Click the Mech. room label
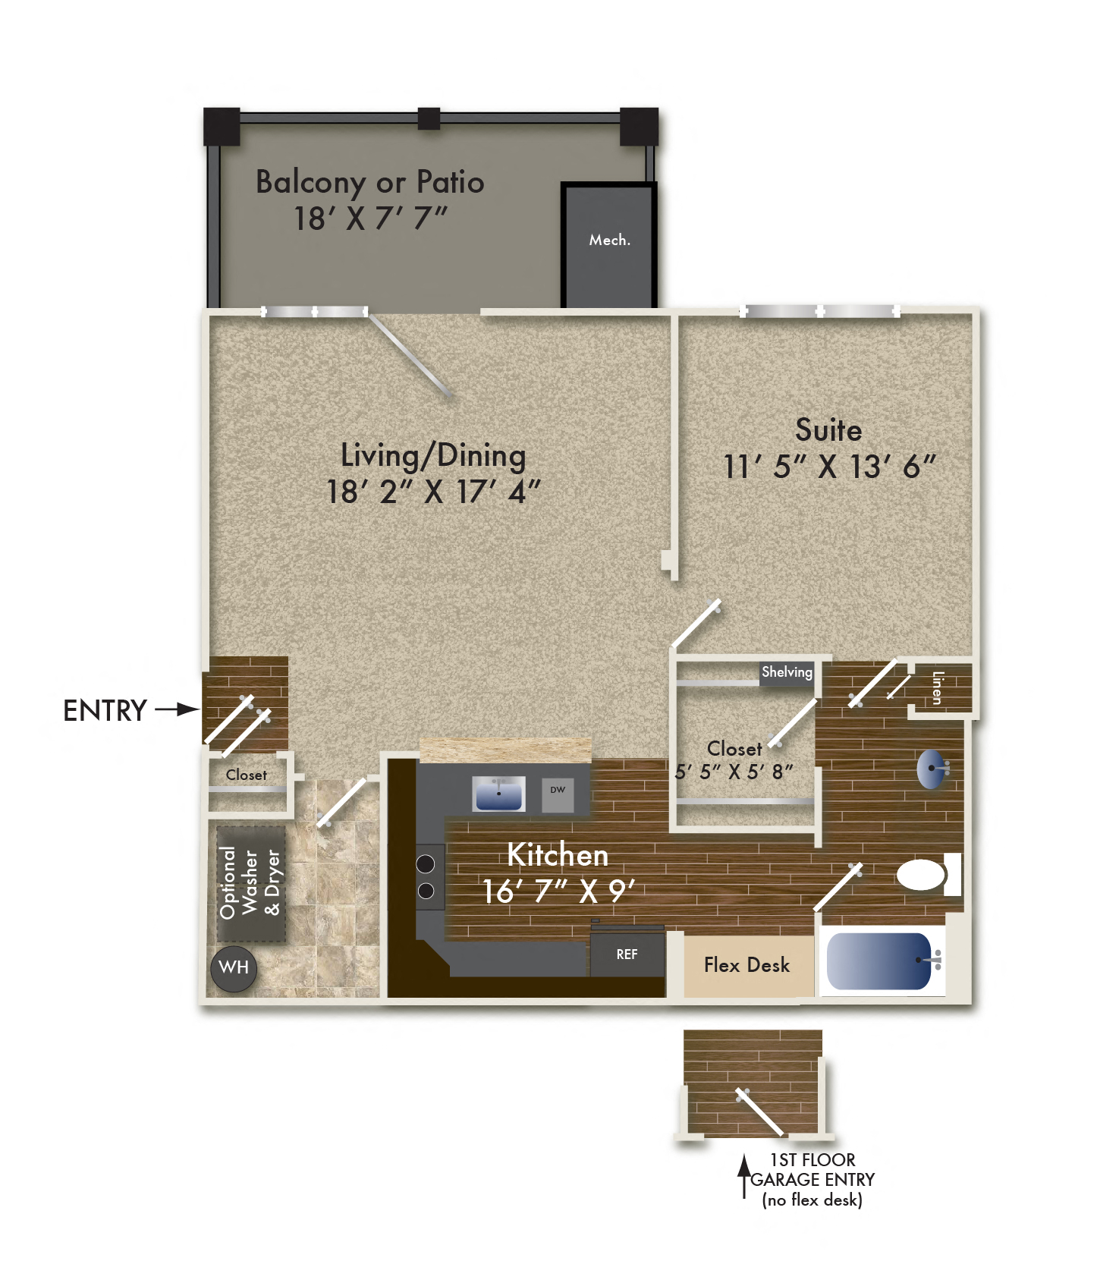(610, 240)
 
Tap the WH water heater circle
(234, 967)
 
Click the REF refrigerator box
(627, 954)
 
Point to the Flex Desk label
(747, 965)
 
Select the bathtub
(880, 961)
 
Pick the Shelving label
(787, 672)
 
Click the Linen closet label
(938, 687)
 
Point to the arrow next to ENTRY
(177, 710)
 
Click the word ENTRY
(105, 711)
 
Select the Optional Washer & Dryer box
(250, 883)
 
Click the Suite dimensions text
(829, 467)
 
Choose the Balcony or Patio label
(370, 182)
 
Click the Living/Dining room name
(433, 455)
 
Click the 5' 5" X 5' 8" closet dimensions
(734, 772)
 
